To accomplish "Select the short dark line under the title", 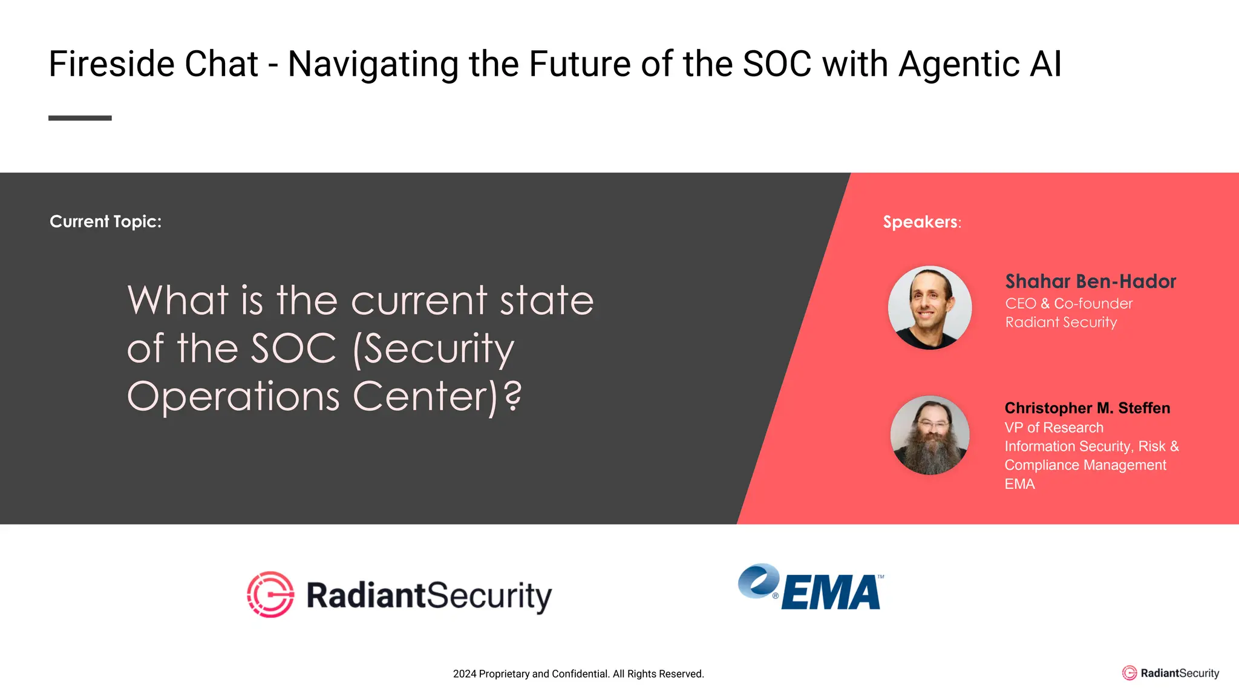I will (80, 118).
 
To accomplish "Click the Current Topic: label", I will (105, 221).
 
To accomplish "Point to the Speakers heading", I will (921, 222).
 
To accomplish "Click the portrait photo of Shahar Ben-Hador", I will (930, 307).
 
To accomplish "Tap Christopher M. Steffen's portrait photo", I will (930, 435).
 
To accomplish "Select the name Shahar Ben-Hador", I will (1090, 281).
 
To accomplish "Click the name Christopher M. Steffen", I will (1087, 408).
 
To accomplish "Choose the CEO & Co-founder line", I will (1068, 304).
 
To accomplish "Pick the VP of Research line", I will (1054, 428).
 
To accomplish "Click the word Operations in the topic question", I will (234, 396).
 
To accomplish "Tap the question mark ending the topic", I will (512, 396).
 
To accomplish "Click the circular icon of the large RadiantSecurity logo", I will (270, 594).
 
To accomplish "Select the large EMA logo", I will (811, 587).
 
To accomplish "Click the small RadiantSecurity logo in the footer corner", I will (1170, 673).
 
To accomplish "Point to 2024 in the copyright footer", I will (464, 674).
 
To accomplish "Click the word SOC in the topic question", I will (293, 348).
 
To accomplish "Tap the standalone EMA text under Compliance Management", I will (1019, 484).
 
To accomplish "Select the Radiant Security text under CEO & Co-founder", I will (1061, 322).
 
